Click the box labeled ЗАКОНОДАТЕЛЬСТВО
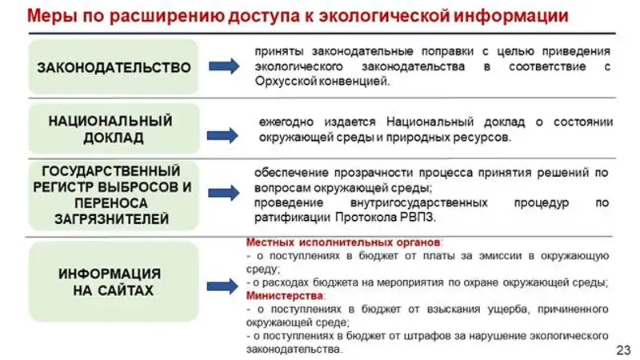[114, 67]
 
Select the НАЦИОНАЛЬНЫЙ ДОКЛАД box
[112, 130]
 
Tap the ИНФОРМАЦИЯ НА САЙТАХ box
[113, 282]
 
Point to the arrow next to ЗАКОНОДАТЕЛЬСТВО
[225, 67]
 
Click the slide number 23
[624, 350]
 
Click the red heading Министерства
[275, 294]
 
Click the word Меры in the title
[38, 16]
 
